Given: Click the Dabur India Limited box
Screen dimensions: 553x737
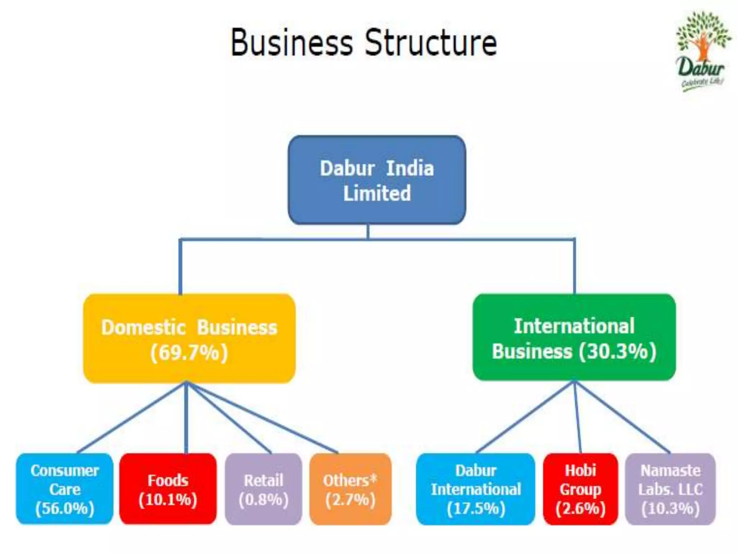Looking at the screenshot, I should coord(377,180).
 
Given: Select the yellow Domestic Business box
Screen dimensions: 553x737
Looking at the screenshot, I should coord(189,338).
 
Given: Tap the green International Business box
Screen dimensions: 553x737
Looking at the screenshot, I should coord(574,337).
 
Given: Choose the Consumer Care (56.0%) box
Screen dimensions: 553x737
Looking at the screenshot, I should coord(65,489).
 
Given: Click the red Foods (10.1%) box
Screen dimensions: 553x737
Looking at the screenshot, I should coord(168,489).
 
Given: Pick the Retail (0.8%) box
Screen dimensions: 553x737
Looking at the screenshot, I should coord(263,489).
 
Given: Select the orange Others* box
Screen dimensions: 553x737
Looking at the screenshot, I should coord(350,489).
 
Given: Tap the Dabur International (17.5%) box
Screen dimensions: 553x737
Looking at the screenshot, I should coord(475,489).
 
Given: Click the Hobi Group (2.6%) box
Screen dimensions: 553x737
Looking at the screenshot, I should coord(580,489).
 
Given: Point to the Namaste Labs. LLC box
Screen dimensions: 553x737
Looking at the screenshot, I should coord(670,489).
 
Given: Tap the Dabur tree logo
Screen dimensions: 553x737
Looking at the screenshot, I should coord(702,50).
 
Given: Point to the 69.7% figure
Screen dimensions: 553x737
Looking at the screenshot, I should coord(189,352).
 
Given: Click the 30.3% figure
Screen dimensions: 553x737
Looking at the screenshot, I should coord(618,351).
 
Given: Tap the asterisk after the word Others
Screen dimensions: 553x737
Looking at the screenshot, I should coord(373,478).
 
